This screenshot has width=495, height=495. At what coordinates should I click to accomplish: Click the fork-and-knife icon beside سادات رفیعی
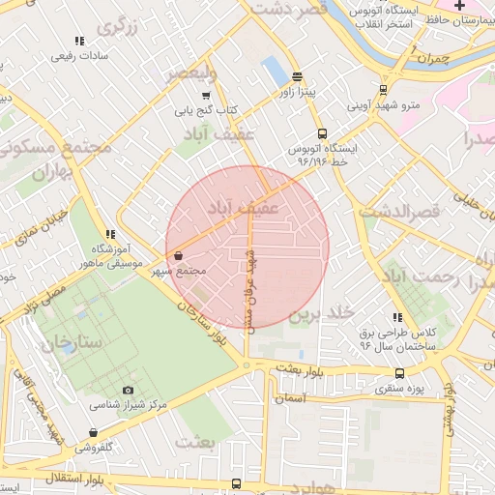pyautogui.click(x=79, y=41)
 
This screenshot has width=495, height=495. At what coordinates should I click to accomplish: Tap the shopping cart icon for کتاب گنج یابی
pyautogui.click(x=206, y=95)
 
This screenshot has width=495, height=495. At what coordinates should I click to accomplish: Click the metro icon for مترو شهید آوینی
pyautogui.click(x=384, y=89)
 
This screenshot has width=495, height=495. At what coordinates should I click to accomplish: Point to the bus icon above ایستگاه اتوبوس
pyautogui.click(x=321, y=134)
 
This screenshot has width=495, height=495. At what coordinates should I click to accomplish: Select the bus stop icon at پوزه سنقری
pyautogui.click(x=399, y=373)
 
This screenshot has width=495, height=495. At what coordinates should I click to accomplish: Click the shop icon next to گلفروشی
pyautogui.click(x=93, y=432)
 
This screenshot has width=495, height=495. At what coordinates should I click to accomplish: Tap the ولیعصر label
pyautogui.click(x=190, y=73)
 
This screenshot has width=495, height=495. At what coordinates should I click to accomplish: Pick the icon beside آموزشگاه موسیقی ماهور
pyautogui.click(x=110, y=234)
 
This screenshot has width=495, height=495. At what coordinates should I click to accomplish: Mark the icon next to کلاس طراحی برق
pyautogui.click(x=397, y=317)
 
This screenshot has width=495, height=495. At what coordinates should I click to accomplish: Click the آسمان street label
pyautogui.click(x=289, y=397)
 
